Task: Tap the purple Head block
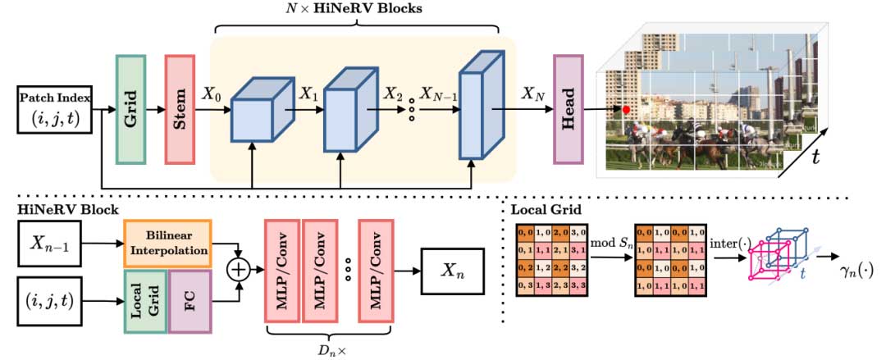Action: coord(567,109)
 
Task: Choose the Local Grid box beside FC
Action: coord(144,299)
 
